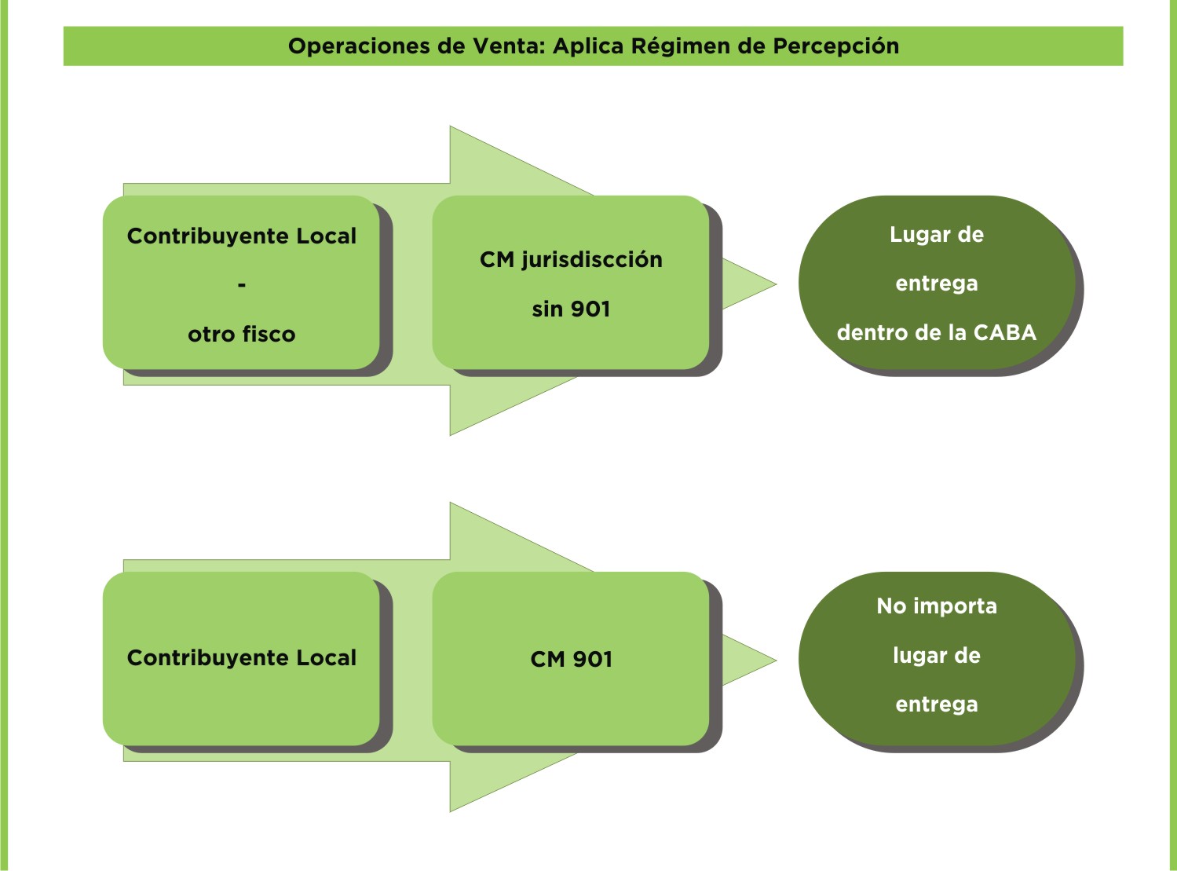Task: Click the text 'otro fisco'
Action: (241, 335)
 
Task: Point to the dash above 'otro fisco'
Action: (241, 285)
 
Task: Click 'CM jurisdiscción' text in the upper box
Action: (571, 260)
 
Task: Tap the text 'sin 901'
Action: (571, 309)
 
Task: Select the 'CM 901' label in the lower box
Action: (571, 659)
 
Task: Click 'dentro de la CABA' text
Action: (936, 333)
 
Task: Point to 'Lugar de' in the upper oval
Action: (936, 235)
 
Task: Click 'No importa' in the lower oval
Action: (936, 606)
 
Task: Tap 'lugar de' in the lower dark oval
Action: (936, 655)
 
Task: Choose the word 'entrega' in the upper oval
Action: (936, 284)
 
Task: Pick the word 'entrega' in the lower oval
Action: (936, 704)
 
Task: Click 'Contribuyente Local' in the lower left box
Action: (241, 658)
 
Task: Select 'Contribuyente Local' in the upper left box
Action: (241, 236)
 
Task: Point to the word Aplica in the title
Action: (588, 46)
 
